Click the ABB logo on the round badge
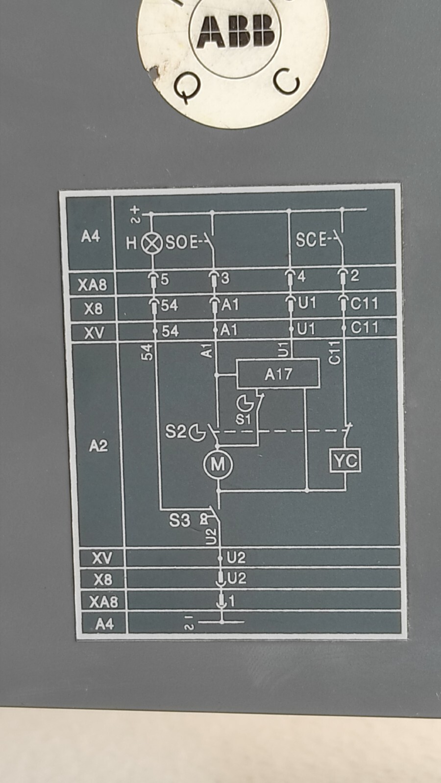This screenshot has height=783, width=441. click(x=236, y=31)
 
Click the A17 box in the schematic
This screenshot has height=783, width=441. click(x=278, y=374)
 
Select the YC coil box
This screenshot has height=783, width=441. click(x=345, y=461)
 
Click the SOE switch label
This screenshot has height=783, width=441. click(x=181, y=242)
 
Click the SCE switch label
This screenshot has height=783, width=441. click(x=312, y=240)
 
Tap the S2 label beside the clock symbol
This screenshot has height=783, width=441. click(x=175, y=432)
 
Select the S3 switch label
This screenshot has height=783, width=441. click(x=179, y=520)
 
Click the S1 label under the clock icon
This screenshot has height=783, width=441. click(x=243, y=419)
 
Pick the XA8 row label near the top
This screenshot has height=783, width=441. click(x=92, y=284)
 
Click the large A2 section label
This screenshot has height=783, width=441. click(x=98, y=446)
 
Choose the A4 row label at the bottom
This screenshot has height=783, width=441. click(x=104, y=624)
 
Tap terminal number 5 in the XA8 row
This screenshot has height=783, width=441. click(x=165, y=279)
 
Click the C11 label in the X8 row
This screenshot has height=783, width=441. click(x=365, y=304)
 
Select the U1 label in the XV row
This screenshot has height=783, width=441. click(x=306, y=329)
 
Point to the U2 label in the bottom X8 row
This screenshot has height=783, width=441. click(x=237, y=578)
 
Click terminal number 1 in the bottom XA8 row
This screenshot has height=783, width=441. click(x=232, y=600)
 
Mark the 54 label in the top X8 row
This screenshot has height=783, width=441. click(x=170, y=306)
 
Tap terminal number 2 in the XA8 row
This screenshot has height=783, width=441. click(x=355, y=276)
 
